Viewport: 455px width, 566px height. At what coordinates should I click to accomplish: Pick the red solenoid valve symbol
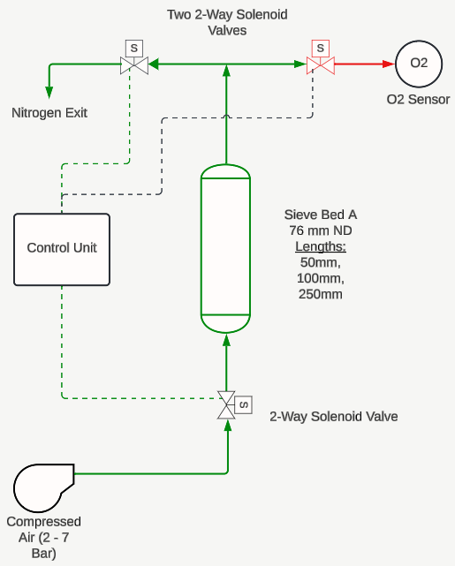(321, 65)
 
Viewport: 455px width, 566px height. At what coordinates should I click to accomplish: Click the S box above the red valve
(321, 49)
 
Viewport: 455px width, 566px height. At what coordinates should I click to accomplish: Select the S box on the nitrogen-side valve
(134, 49)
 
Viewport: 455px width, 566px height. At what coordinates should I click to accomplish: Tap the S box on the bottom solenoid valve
(243, 404)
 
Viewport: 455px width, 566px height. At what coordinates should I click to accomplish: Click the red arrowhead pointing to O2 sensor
(389, 64)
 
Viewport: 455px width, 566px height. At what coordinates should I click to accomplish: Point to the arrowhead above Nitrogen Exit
(49, 93)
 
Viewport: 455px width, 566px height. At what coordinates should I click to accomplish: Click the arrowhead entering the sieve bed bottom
(226, 340)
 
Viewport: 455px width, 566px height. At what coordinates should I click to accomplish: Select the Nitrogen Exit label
(49, 113)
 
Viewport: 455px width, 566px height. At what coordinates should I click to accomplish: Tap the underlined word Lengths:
(321, 246)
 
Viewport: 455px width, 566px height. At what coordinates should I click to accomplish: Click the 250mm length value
(321, 294)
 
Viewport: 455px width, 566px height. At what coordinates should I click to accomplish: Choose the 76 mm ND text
(321, 230)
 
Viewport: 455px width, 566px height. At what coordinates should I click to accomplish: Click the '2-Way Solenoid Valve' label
(334, 417)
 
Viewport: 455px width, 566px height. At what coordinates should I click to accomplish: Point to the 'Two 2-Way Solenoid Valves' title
(227, 22)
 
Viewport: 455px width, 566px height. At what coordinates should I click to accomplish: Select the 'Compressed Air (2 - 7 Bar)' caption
(43, 538)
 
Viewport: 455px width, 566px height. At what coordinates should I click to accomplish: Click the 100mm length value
(321, 278)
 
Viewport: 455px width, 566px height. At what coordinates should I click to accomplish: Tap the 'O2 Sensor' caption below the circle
(418, 99)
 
